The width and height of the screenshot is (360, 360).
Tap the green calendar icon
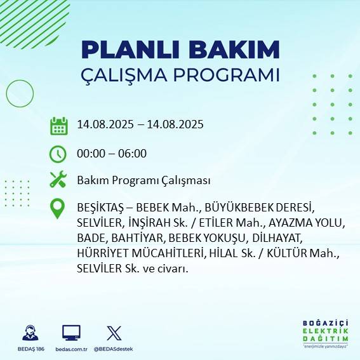[x=58, y=126]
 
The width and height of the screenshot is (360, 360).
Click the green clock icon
[x=58, y=153]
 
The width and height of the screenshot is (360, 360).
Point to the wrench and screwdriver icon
[x=58, y=180]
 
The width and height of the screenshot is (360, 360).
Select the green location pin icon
[x=58, y=209]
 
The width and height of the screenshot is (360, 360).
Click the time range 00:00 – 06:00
[x=112, y=154]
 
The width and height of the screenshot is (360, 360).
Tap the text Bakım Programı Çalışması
[x=143, y=181]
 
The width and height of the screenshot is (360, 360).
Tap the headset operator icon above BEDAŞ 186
[x=29, y=333]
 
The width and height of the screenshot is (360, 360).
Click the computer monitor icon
[x=71, y=333]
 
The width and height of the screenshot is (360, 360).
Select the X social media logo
[x=114, y=333]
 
